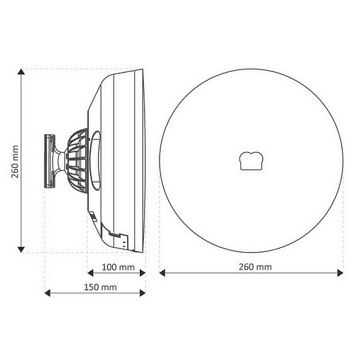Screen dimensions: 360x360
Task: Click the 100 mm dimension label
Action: pyautogui.click(x=118, y=267)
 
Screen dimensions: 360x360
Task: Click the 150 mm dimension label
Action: pyautogui.click(x=100, y=287)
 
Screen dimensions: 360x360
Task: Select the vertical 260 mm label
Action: pyautogui.click(x=15, y=161)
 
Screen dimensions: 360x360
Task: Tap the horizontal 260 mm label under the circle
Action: pyautogui.click(x=255, y=267)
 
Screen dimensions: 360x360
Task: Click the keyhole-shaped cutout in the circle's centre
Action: pyautogui.click(x=251, y=161)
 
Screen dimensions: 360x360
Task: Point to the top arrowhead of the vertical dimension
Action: pyautogui.click(x=21, y=71)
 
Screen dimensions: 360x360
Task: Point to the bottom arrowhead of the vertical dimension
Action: pyautogui.click(x=21, y=250)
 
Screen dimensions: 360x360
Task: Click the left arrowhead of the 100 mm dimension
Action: pyautogui.click(x=91, y=273)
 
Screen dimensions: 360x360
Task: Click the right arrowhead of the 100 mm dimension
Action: pyautogui.click(x=143, y=273)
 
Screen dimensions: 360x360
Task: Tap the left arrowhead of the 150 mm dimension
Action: pyautogui.click(x=47, y=293)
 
